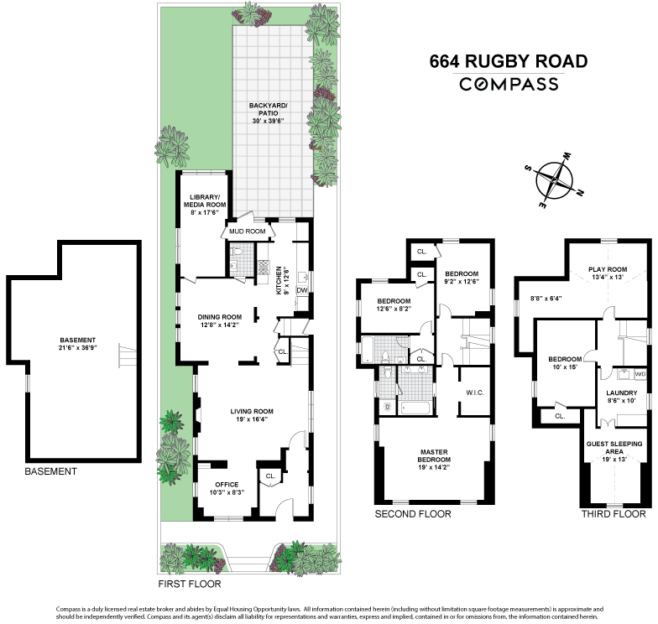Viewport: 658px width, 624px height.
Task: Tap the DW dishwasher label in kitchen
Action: [301, 290]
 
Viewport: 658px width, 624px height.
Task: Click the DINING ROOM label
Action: [219, 317]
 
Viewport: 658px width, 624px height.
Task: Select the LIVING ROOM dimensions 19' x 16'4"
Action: [252, 419]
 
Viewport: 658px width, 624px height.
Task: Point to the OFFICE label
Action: [227, 484]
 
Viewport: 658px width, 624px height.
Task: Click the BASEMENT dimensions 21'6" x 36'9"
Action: [77, 347]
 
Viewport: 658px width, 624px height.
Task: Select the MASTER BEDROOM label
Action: [434, 455]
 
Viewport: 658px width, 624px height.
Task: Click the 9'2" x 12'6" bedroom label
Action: [461, 281]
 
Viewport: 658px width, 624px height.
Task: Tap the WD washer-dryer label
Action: [640, 374]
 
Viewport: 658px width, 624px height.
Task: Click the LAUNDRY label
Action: [622, 393]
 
